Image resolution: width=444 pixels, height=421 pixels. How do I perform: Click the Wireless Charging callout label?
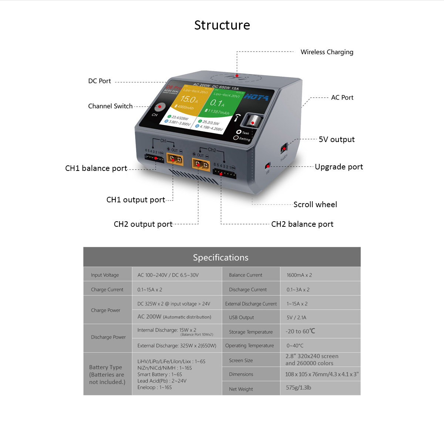327,52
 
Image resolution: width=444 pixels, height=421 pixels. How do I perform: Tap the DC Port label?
100,81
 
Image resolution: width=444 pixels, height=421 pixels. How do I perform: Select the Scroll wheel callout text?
315,205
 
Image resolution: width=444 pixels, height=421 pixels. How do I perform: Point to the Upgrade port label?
339,167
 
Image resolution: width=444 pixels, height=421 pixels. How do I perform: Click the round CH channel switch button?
159,107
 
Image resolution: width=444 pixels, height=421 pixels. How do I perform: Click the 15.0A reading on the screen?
189,100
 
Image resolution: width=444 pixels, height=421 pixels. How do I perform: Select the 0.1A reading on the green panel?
217,103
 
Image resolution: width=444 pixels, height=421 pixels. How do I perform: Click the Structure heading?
222,25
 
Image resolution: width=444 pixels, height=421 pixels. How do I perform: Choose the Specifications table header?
221,257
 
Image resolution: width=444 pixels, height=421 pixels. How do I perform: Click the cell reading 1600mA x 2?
299,275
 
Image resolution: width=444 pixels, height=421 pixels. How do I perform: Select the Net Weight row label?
241,389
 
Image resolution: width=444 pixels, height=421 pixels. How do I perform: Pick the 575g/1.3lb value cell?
298,388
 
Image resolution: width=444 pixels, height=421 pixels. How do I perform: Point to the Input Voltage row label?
105,275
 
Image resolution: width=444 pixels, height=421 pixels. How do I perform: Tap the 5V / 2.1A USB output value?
296,317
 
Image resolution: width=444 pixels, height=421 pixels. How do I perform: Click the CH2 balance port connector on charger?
225,173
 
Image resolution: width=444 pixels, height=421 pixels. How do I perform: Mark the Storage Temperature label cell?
250,332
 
